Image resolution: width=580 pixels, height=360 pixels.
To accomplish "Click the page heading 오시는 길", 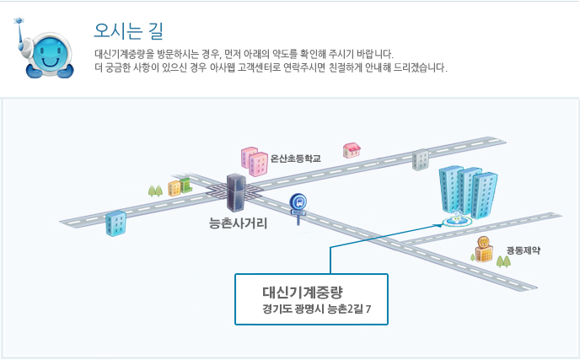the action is coord(128,31).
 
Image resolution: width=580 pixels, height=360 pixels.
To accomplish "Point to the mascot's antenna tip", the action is coord(19,21).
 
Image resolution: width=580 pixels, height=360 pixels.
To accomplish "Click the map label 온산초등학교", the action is coord(296,159).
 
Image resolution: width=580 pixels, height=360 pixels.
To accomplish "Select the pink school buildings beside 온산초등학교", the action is coord(255,161).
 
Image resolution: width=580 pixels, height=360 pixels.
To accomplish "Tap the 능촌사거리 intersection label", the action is coord(238,223).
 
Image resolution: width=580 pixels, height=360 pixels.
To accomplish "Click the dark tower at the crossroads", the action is coord(236,192).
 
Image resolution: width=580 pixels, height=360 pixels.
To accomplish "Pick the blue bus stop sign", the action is coord(298,208).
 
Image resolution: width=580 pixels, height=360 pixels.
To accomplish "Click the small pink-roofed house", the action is coord(352,150).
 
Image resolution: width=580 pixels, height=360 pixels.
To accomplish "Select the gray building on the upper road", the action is coord(421,160).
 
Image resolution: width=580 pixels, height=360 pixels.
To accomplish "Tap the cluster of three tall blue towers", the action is coord(468,191).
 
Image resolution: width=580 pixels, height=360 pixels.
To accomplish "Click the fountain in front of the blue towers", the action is coord(458,220).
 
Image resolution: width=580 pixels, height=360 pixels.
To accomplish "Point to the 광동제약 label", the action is coord(524,250).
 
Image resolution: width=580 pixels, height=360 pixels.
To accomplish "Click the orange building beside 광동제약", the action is coord(483,250).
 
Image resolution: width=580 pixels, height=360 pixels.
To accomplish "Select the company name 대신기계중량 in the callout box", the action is coord(303,293).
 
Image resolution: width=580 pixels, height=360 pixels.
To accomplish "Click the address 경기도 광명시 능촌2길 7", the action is coord(317,309).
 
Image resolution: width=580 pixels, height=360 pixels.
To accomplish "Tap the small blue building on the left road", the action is coord(115,223).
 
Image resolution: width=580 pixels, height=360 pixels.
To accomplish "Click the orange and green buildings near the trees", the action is coord(180,187).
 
